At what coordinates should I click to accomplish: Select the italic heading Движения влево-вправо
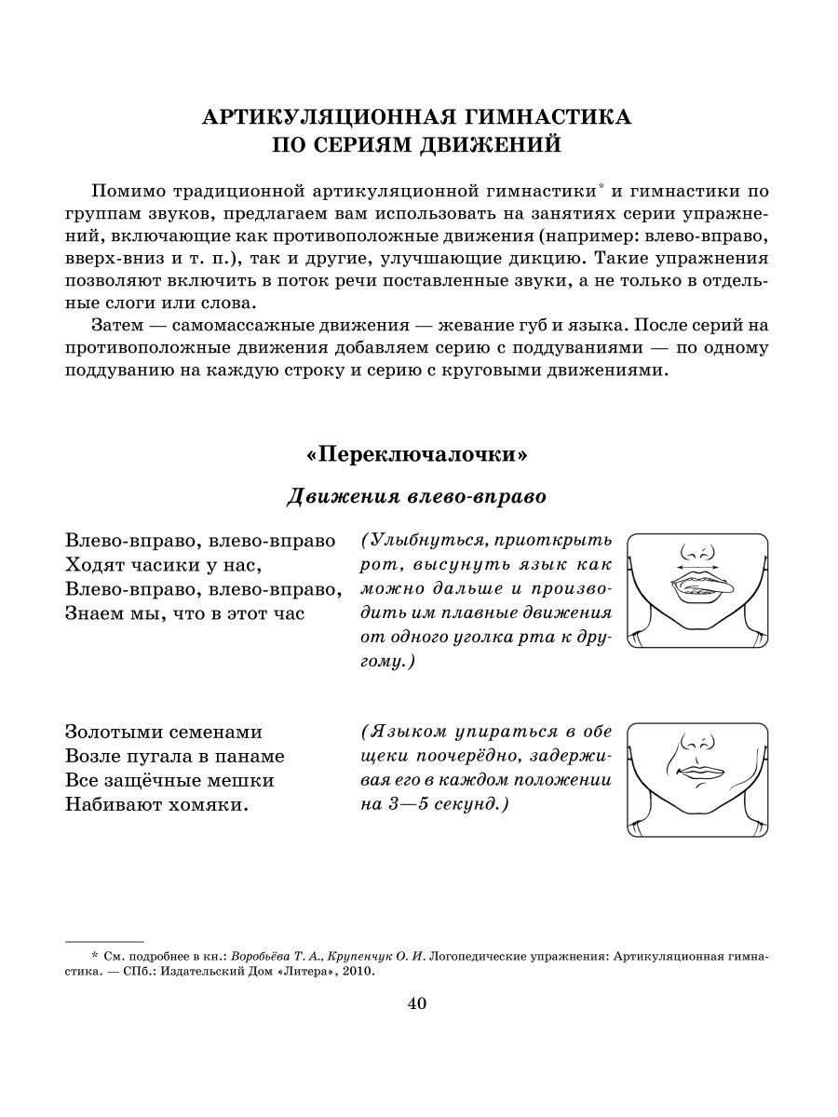coord(416,496)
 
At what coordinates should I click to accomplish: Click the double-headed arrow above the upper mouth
coord(700,564)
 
